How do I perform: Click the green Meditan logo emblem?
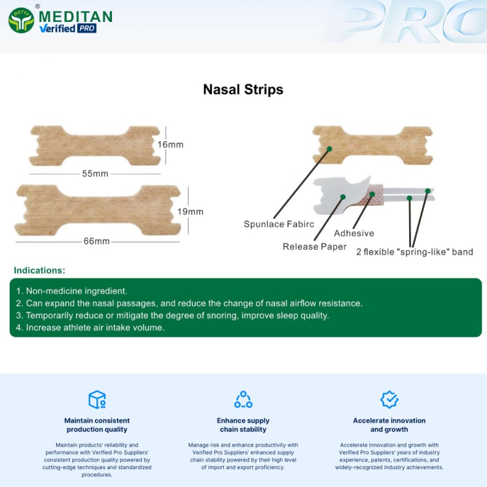click(x=21, y=19)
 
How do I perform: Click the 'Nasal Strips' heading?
click(x=243, y=89)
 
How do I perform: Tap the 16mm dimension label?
click(x=170, y=145)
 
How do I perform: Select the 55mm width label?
click(x=95, y=173)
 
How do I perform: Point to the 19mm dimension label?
click(x=191, y=212)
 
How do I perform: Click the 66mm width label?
click(x=97, y=241)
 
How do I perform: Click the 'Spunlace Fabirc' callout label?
click(x=279, y=224)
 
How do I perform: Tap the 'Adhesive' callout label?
click(x=354, y=233)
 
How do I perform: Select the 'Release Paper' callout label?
click(x=315, y=247)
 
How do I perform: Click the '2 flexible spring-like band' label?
click(x=415, y=252)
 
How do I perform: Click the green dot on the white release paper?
click(x=343, y=197)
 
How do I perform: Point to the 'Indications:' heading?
click(x=40, y=270)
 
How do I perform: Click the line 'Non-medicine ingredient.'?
click(x=71, y=291)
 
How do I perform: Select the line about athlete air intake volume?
click(x=90, y=327)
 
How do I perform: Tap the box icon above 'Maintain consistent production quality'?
click(x=97, y=399)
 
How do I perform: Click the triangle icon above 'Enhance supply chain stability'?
click(x=243, y=399)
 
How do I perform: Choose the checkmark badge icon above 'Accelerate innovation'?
click(x=389, y=399)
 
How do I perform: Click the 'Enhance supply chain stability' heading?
click(x=243, y=425)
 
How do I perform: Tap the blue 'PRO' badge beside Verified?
click(x=86, y=28)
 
